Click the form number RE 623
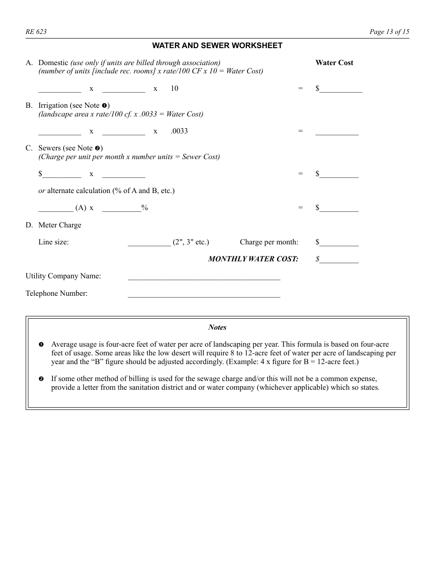pos(36,32)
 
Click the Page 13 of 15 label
pos(389,32)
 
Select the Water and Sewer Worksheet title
pos(217,45)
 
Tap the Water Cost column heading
pos(334,63)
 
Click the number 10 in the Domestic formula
pos(174,88)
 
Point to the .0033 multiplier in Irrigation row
pos(179,131)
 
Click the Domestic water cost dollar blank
pos(341,89)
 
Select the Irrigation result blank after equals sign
pos(337,132)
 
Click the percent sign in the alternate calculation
pos(145,208)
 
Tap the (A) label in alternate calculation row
pos(81,208)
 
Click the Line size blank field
pos(149,243)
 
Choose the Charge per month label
pos(269,242)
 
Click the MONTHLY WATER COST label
pos(253,259)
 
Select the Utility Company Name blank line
pos(204,276)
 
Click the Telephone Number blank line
pos(204,294)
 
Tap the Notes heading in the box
pos(217,327)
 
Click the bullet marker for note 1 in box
pos(41,344)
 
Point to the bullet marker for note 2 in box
pos(41,379)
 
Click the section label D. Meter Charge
pos(53,225)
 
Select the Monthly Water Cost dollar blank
pos(339,260)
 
